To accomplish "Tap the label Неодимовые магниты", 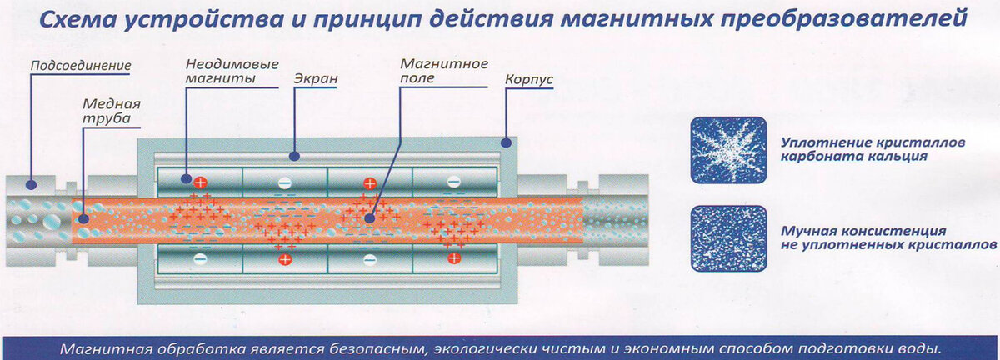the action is point(220,72).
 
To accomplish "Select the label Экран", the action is point(316,79).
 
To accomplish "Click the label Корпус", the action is point(529,81).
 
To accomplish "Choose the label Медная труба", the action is point(110,112).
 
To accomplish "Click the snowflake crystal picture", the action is point(728,150).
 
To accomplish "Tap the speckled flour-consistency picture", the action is point(728,238).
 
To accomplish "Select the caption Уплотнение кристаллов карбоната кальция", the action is point(872,149).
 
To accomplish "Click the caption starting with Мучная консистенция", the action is point(888,237).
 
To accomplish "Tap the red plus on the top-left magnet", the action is point(200,181).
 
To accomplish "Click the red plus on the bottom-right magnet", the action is point(453,258).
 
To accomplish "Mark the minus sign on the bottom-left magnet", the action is point(200,258).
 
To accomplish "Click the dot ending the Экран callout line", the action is point(293,155).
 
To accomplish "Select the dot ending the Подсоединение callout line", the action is point(32,184).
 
